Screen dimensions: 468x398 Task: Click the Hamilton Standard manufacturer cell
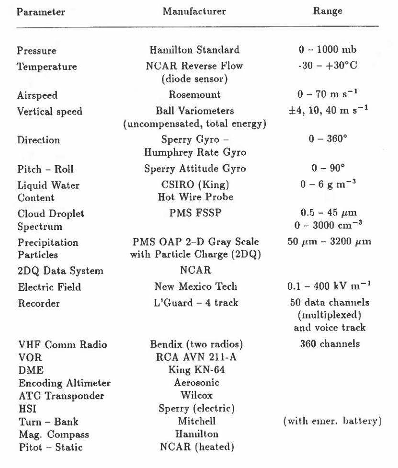(x=197, y=49)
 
